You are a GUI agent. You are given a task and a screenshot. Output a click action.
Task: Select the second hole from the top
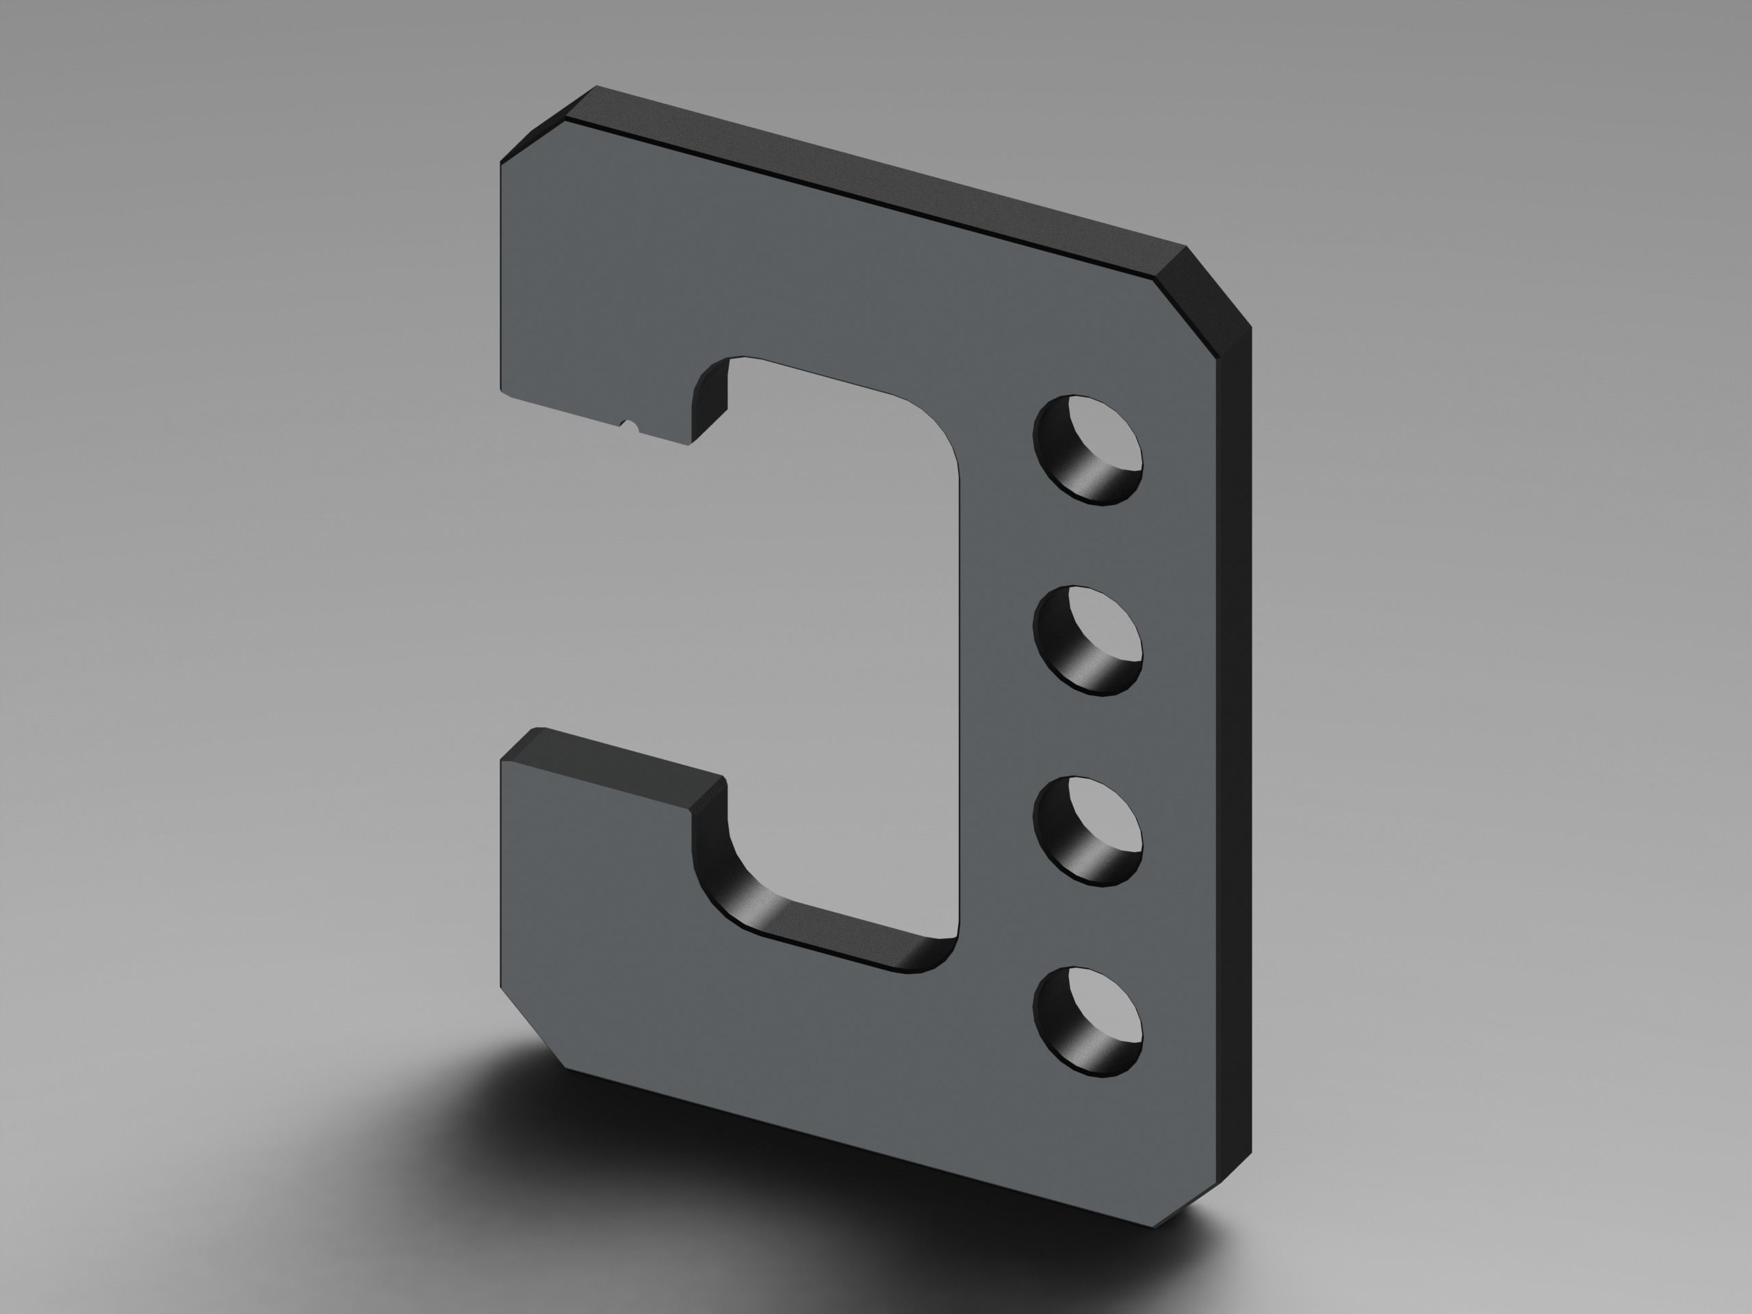[x=1087, y=640]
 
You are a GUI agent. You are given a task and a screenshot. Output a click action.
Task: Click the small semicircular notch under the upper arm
[x=630, y=427]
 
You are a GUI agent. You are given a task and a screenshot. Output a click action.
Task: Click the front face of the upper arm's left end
[x=554, y=317]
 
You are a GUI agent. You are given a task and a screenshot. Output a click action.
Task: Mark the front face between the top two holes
[x=1088, y=547]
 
